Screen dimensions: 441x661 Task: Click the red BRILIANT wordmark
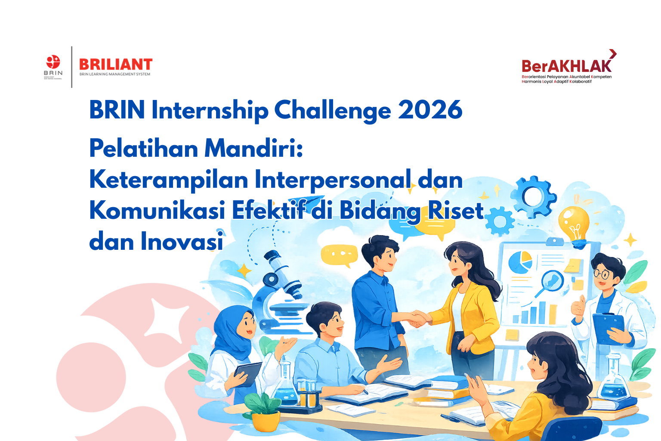click(116, 65)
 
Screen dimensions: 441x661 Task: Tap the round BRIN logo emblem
click(53, 62)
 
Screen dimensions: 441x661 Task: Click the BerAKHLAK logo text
click(566, 66)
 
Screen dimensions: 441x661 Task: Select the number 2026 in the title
click(430, 110)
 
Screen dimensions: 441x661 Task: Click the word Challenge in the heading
click(332, 111)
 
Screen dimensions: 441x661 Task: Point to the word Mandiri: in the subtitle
click(253, 148)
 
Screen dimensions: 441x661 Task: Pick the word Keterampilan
click(168, 180)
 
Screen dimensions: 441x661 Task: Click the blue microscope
click(280, 293)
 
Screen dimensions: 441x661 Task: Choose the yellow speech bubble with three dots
click(339, 254)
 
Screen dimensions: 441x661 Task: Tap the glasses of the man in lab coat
click(602, 273)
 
